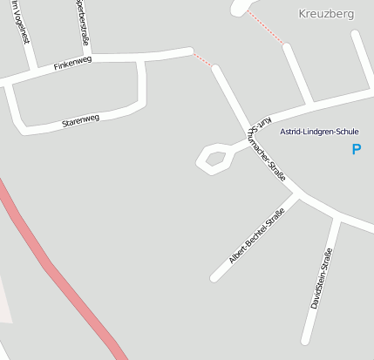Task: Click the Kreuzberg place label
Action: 325,14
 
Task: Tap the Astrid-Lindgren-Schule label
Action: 318,132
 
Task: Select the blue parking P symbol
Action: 356,149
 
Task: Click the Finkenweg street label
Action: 72,64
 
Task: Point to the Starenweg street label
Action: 80,120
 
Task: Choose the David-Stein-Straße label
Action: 322,279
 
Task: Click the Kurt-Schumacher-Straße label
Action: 266,147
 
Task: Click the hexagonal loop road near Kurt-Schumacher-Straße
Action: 214,158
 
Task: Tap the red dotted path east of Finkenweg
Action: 203,59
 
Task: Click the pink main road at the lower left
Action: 61,279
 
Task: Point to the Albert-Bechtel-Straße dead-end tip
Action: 214,278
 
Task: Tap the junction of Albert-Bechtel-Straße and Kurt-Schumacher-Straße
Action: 296,196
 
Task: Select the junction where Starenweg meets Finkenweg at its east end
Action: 140,60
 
